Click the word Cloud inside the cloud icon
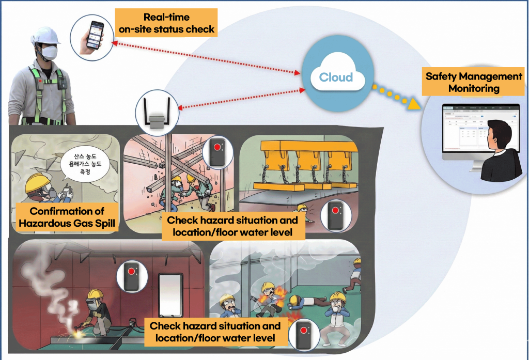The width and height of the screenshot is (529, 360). pos(336,77)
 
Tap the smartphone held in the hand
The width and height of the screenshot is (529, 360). pos(95,35)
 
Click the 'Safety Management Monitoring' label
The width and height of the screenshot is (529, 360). pos(474,82)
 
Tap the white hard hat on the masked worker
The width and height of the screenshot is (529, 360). pos(45,35)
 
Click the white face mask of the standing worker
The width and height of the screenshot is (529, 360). pos(49,52)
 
